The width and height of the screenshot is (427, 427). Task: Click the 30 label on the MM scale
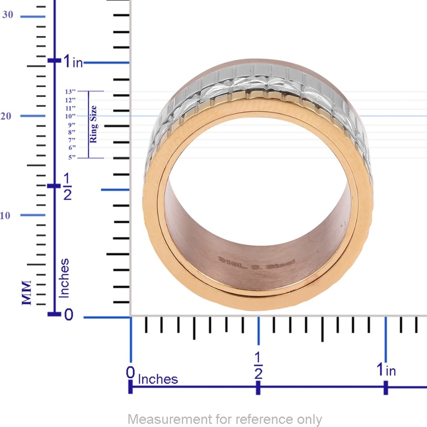pyautogui.click(x=8, y=15)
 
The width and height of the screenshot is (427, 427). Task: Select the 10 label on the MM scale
pyautogui.click(x=5, y=215)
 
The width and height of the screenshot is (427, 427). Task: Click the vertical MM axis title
pyautogui.click(x=27, y=292)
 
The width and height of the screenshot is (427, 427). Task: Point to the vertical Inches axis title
pyautogui.click(x=64, y=278)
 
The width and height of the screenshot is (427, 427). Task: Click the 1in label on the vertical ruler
pyautogui.click(x=73, y=62)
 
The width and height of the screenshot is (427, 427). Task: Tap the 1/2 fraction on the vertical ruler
pyautogui.click(x=67, y=186)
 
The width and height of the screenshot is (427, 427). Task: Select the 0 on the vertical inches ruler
pyautogui.click(x=69, y=315)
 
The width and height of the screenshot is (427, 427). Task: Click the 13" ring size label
pyautogui.click(x=70, y=91)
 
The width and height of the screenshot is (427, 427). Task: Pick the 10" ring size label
pyautogui.click(x=70, y=116)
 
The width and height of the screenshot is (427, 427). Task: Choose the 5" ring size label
pyautogui.click(x=72, y=158)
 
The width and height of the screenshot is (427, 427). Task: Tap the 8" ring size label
pyautogui.click(x=72, y=132)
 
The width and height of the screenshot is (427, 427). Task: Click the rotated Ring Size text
pyautogui.click(x=93, y=124)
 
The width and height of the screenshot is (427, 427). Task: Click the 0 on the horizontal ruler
pyautogui.click(x=131, y=373)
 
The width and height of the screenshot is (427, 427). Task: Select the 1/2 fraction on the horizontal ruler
pyautogui.click(x=258, y=366)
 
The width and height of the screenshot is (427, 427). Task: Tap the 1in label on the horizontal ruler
pyautogui.click(x=386, y=369)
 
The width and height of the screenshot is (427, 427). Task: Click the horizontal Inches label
pyautogui.click(x=158, y=379)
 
